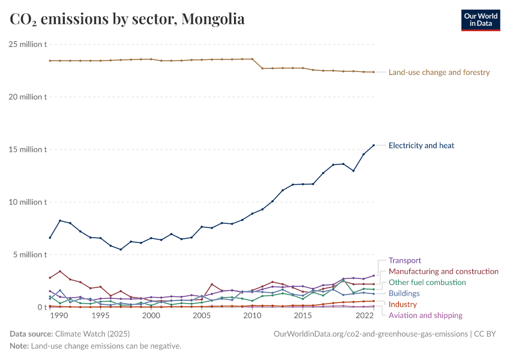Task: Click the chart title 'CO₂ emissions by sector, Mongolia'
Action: [x=127, y=19]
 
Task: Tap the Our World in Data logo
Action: [x=480, y=20]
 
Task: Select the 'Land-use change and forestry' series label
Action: [x=439, y=73]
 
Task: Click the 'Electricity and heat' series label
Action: [x=421, y=145]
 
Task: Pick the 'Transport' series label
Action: [x=405, y=260]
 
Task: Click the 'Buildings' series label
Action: [x=404, y=293]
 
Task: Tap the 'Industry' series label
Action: [x=403, y=304]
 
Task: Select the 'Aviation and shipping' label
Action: [x=425, y=315]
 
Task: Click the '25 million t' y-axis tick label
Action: [x=28, y=44]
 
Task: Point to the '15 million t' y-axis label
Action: [x=28, y=149]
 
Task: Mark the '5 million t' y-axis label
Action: [x=29, y=254]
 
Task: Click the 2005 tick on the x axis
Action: [x=202, y=316]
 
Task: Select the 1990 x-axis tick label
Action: [x=59, y=316]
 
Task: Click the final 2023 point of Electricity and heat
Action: [x=374, y=145]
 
